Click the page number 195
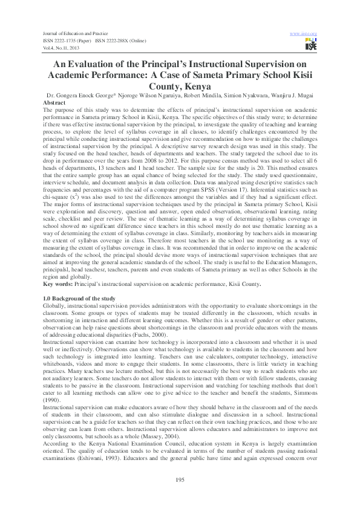click(x=179, y=479)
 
